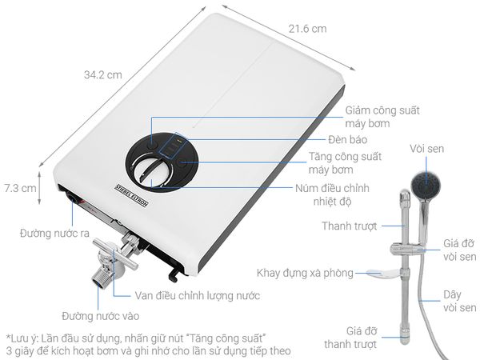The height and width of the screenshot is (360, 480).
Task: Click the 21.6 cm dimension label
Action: point(307,29)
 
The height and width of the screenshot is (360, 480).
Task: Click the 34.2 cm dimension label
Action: point(103,74)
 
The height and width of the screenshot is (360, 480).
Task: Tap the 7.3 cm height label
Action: point(20,188)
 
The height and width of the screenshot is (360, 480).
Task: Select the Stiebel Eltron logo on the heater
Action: point(132,195)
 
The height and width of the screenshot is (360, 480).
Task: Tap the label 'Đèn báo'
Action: point(348,139)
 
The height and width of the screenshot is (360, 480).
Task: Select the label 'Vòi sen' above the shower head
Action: point(426,149)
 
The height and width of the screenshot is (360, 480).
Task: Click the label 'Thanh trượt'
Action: point(350,226)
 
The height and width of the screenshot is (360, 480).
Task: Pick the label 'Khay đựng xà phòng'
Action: point(305,273)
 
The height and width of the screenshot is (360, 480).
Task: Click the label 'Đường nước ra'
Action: point(54,234)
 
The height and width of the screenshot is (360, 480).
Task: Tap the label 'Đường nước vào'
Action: point(101,316)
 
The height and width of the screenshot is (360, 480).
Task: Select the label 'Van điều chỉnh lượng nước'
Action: point(198,296)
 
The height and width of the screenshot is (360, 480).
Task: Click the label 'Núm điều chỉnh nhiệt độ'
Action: point(332,194)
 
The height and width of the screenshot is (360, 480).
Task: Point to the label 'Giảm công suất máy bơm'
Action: point(382,117)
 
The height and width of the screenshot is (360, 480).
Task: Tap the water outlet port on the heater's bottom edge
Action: point(73,198)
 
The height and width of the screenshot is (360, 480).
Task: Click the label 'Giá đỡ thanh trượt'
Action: point(351,338)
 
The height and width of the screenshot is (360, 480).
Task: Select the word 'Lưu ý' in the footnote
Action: point(23,338)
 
